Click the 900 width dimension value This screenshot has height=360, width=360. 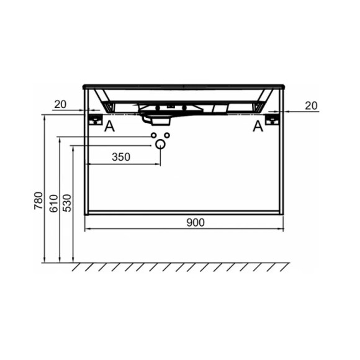pyautogui.click(x=196, y=222)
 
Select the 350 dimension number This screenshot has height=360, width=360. pyautogui.click(x=121, y=157)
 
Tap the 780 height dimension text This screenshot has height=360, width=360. pyautogui.click(x=38, y=200)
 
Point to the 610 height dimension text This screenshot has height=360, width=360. pyautogui.click(x=54, y=203)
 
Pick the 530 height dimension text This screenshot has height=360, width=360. pyautogui.click(x=67, y=203)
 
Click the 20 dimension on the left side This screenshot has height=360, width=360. pyautogui.click(x=60, y=104)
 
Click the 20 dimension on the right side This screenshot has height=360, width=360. pyautogui.click(x=311, y=106)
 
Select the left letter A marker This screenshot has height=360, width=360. pyautogui.click(x=109, y=127)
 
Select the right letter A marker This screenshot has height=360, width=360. pyautogui.click(x=258, y=126)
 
